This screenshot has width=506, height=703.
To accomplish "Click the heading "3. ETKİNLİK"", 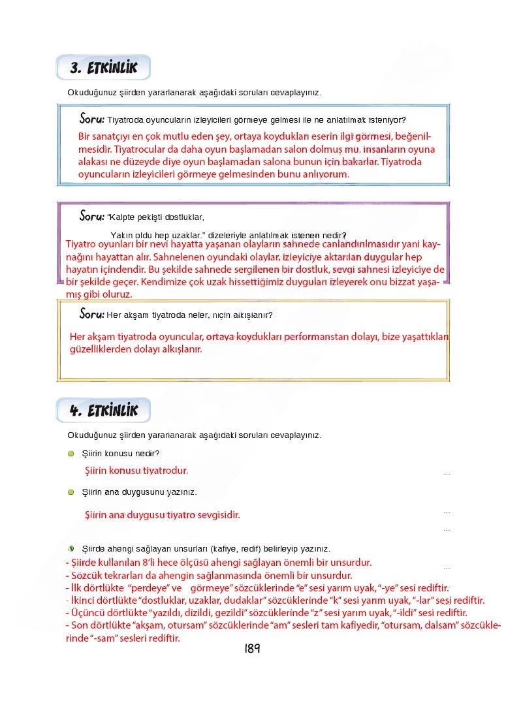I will point(103,68).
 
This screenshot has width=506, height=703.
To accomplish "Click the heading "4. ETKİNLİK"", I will point(103,411).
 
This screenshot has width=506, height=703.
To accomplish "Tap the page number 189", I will point(252,649).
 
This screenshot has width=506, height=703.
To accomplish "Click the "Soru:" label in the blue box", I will point(91,119).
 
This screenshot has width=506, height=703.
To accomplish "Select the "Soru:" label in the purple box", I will point(91,216).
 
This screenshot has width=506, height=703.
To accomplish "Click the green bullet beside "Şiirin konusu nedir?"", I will point(71,454).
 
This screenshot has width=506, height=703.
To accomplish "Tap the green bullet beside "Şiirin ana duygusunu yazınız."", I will point(71,492).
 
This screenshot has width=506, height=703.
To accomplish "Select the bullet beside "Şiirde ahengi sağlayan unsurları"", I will point(71,548).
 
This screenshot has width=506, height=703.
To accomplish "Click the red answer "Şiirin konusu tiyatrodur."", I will point(136,470).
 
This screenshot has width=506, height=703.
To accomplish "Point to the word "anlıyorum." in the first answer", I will point(327,174).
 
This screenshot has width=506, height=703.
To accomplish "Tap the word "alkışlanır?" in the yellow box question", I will point(252,315).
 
